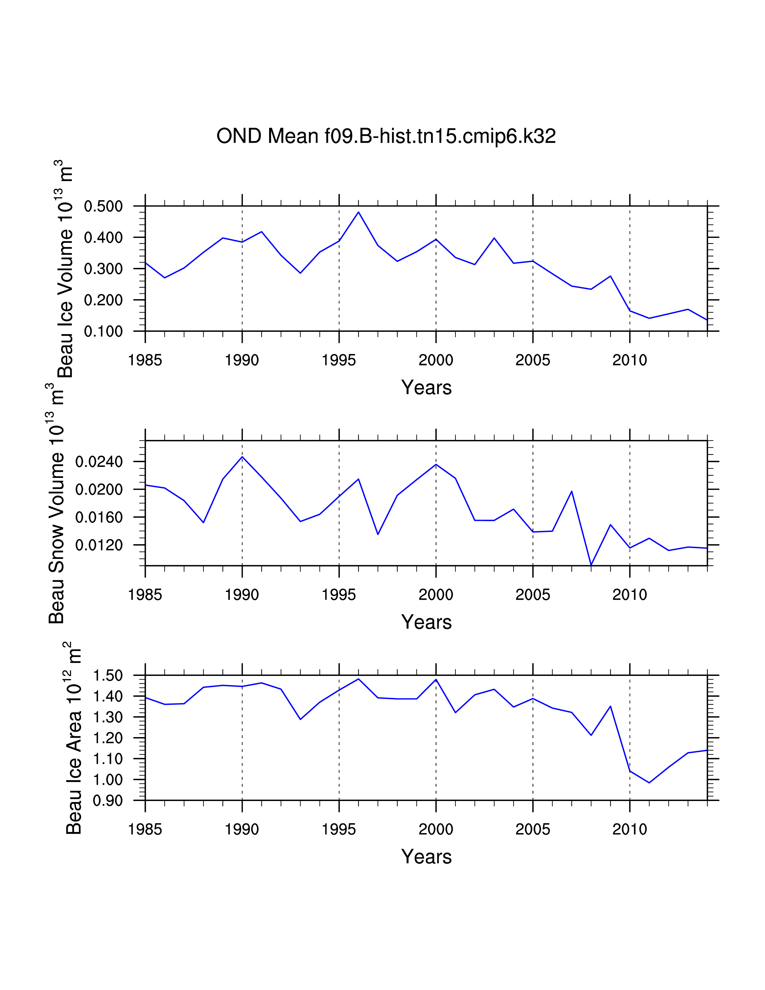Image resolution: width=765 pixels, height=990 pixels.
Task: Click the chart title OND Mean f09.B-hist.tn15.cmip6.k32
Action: tap(386, 136)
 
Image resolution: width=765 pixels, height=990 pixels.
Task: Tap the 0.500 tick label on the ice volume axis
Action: tap(103, 206)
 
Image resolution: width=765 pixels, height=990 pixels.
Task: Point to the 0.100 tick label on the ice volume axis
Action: tap(103, 331)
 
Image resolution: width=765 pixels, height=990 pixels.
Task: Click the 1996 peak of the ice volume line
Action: tap(358, 212)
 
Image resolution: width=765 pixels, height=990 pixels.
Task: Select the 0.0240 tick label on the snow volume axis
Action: tap(99, 462)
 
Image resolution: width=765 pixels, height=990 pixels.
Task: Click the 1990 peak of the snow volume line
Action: tap(242, 457)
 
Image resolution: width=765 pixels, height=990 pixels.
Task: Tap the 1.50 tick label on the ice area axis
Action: tap(108, 675)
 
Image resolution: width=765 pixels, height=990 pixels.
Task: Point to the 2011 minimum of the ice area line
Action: tap(649, 782)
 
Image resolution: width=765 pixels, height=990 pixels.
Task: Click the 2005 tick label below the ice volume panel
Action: tap(532, 360)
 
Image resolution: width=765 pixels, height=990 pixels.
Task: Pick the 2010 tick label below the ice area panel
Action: tap(629, 829)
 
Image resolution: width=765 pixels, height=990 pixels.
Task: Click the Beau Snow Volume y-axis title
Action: tap(57, 503)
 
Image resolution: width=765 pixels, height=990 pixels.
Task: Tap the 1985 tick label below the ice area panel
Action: tap(145, 829)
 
